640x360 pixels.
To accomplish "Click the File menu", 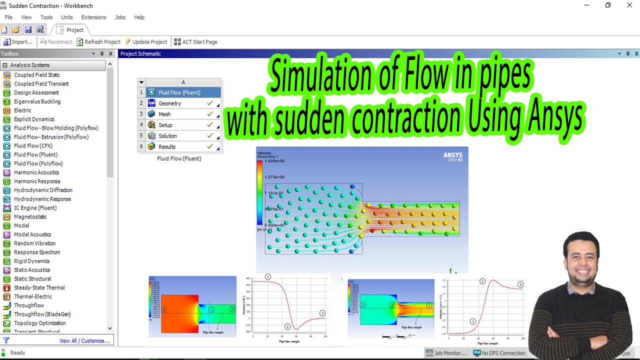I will coord(8,17).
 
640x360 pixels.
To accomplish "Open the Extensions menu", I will coord(93,17).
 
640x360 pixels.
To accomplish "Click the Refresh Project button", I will coord(98,42).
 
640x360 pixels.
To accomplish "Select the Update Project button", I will coord(146,42).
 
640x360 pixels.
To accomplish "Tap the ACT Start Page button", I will coord(195,42).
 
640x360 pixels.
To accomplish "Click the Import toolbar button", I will coord(18,42).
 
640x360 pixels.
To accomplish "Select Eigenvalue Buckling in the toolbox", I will coord(37,101).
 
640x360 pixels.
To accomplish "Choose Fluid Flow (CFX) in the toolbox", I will coord(33,146).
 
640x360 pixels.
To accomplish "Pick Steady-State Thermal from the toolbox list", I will coord(39,287).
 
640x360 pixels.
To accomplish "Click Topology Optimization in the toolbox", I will coord(39,323).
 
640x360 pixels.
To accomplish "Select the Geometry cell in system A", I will coord(170,103).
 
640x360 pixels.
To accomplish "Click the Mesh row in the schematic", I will coord(164,114).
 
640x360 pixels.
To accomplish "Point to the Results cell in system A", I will coord(167,146).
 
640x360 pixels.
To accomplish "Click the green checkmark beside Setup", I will coord(210,125).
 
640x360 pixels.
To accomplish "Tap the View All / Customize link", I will coord(84,341).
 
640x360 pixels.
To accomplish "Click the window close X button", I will coord(629,5).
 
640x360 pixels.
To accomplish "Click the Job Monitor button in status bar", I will coord(446,353).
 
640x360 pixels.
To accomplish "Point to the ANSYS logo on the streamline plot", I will coord(453,155).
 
